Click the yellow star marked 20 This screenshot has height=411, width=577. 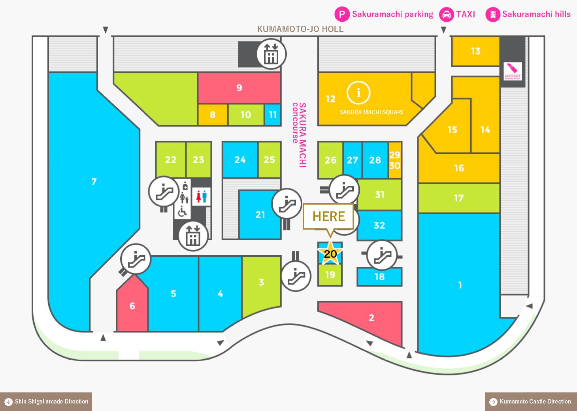330,253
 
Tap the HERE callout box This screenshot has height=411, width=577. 328,216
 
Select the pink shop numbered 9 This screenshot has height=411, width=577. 239,88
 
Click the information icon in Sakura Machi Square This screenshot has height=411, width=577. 358,93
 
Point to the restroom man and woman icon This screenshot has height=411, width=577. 202,196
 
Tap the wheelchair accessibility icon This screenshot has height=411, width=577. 182,211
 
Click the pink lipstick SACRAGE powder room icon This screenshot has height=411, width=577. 513,71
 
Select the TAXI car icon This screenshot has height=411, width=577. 447,14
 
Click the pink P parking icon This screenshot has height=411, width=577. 342,14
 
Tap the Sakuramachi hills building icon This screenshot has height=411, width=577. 493,14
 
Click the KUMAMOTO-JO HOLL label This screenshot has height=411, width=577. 300,29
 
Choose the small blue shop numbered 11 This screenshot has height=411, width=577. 273,115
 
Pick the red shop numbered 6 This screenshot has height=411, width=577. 132,304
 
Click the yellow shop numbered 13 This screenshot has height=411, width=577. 475,51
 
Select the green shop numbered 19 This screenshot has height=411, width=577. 330,275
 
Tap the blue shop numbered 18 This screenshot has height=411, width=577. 379,277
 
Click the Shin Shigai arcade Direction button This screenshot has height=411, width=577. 46,402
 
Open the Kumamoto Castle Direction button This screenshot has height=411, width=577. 531,402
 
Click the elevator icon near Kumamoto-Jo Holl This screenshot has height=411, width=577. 271,54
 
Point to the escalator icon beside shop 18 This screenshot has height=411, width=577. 382,255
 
